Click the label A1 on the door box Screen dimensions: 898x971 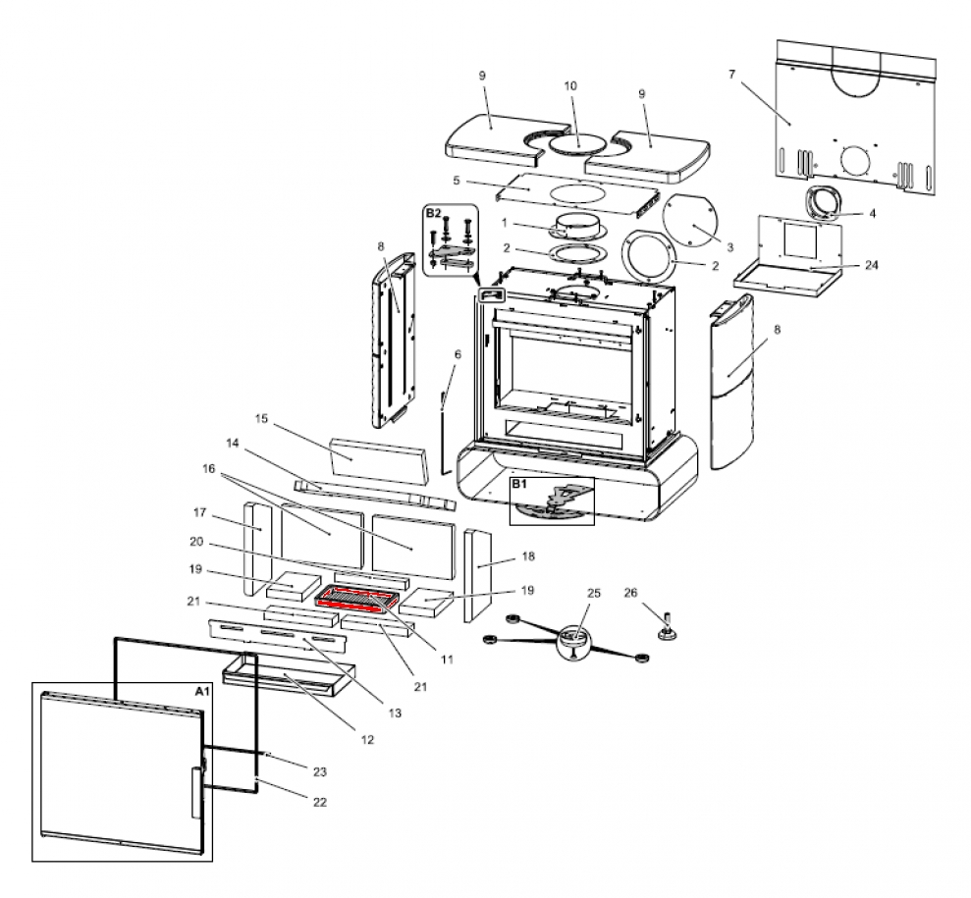[202, 692]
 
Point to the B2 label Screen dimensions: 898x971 [434, 213]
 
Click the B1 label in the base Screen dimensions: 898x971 [519, 485]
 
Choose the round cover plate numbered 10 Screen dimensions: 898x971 [576, 143]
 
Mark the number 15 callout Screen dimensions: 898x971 [261, 419]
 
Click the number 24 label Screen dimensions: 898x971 [844, 266]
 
